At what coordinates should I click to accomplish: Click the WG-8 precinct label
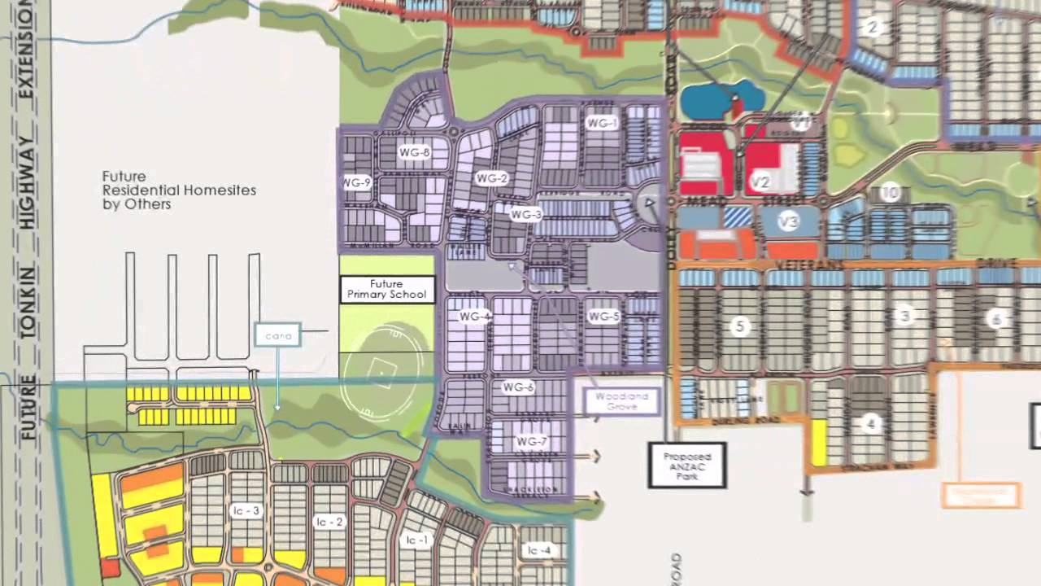(414, 152)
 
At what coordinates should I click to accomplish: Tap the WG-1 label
(602, 123)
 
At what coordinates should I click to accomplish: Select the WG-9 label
(357, 183)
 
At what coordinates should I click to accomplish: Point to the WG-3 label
(525, 215)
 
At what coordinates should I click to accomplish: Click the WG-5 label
(604, 317)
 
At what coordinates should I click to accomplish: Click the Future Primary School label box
(387, 290)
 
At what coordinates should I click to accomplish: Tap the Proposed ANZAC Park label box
(687, 465)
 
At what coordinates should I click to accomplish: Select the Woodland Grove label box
(622, 401)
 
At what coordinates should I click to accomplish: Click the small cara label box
(278, 335)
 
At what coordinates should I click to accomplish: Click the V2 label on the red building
(760, 182)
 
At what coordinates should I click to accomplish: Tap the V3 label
(788, 221)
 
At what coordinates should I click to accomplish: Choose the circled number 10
(890, 193)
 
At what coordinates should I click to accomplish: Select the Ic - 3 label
(246, 511)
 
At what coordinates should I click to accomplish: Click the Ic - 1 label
(417, 540)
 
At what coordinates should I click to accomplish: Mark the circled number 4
(871, 423)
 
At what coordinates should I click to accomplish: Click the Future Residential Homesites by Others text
(179, 190)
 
